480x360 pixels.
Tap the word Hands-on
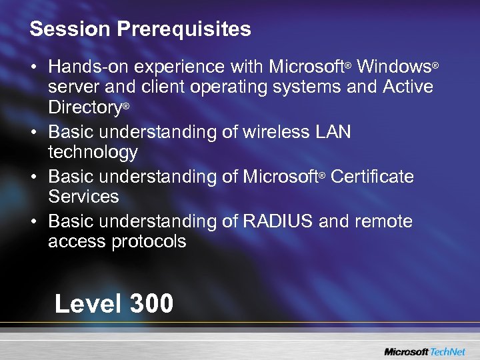click(88, 67)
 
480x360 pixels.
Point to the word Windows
click(393, 67)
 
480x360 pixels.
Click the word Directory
click(85, 107)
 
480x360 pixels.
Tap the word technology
click(93, 153)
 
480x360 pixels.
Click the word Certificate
click(372, 177)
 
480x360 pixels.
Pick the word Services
click(83, 197)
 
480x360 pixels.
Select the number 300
click(152, 304)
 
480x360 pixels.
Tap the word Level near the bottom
click(88, 304)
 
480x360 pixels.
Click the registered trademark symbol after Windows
click(435, 65)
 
